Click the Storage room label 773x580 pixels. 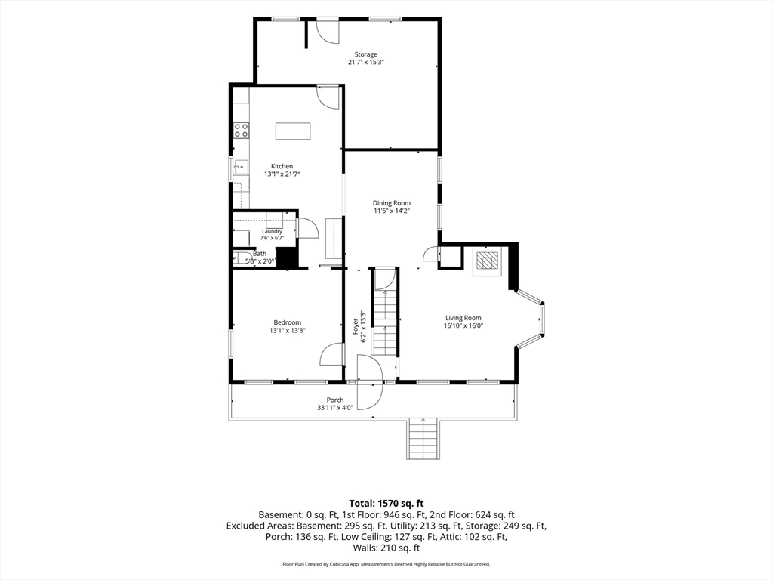[366, 54]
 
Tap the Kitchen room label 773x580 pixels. [282, 166]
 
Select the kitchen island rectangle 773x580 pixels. [294, 131]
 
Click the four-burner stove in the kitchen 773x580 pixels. [241, 130]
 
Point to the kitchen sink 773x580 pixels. [241, 168]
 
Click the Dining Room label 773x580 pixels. [392, 202]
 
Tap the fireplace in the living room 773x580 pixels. [487, 261]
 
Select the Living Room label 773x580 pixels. [463, 318]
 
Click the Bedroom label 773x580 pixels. [288, 322]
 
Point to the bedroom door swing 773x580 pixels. [331, 354]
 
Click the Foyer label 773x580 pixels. [355, 326]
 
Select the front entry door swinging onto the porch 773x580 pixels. [368, 383]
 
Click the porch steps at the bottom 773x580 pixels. [423, 439]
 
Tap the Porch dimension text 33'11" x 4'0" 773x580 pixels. [335, 408]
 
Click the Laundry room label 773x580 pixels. [272, 231]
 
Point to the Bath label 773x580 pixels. [260, 254]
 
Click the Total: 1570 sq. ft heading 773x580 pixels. [386, 504]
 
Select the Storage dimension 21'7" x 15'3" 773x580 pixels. [366, 62]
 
